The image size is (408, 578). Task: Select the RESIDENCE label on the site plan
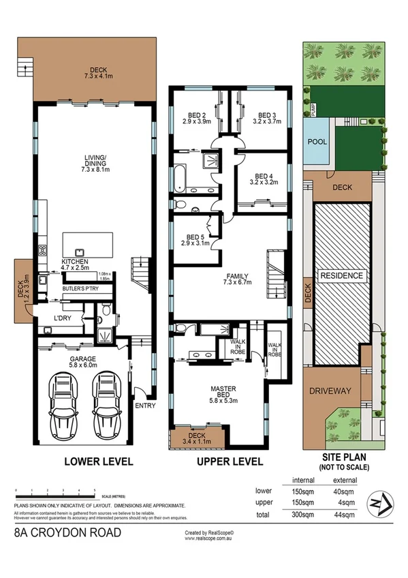coord(342,276)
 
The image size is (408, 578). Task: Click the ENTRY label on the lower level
coord(146,406)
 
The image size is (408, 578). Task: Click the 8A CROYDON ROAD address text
coord(67,532)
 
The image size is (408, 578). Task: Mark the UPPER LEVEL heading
coord(230,461)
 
